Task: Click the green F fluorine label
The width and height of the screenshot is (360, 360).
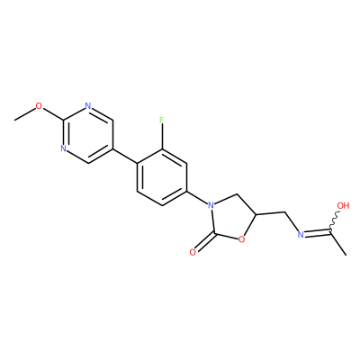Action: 162,121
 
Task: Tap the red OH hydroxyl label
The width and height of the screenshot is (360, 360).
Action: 344,206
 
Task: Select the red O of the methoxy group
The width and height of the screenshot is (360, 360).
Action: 39,106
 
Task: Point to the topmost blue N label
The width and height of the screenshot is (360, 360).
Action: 87,106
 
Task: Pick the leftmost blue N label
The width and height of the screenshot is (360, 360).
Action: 63,148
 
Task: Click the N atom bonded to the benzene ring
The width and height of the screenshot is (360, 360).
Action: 211,206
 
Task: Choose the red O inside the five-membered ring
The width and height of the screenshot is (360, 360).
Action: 241,239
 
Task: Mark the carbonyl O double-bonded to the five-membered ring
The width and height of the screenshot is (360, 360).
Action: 193,252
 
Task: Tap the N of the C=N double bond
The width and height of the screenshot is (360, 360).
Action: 300,235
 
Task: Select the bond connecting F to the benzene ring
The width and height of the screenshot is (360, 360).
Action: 162,137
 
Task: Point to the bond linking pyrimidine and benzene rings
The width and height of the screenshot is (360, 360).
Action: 125,156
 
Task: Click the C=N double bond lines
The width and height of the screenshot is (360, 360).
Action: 318,232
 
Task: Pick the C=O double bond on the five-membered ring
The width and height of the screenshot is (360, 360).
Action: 205,241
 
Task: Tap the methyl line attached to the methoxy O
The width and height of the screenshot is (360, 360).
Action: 24,114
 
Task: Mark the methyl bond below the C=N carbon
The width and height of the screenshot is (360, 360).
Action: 338,243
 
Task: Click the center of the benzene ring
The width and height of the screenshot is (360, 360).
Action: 162,177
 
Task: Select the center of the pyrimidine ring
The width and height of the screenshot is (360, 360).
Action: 88,134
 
